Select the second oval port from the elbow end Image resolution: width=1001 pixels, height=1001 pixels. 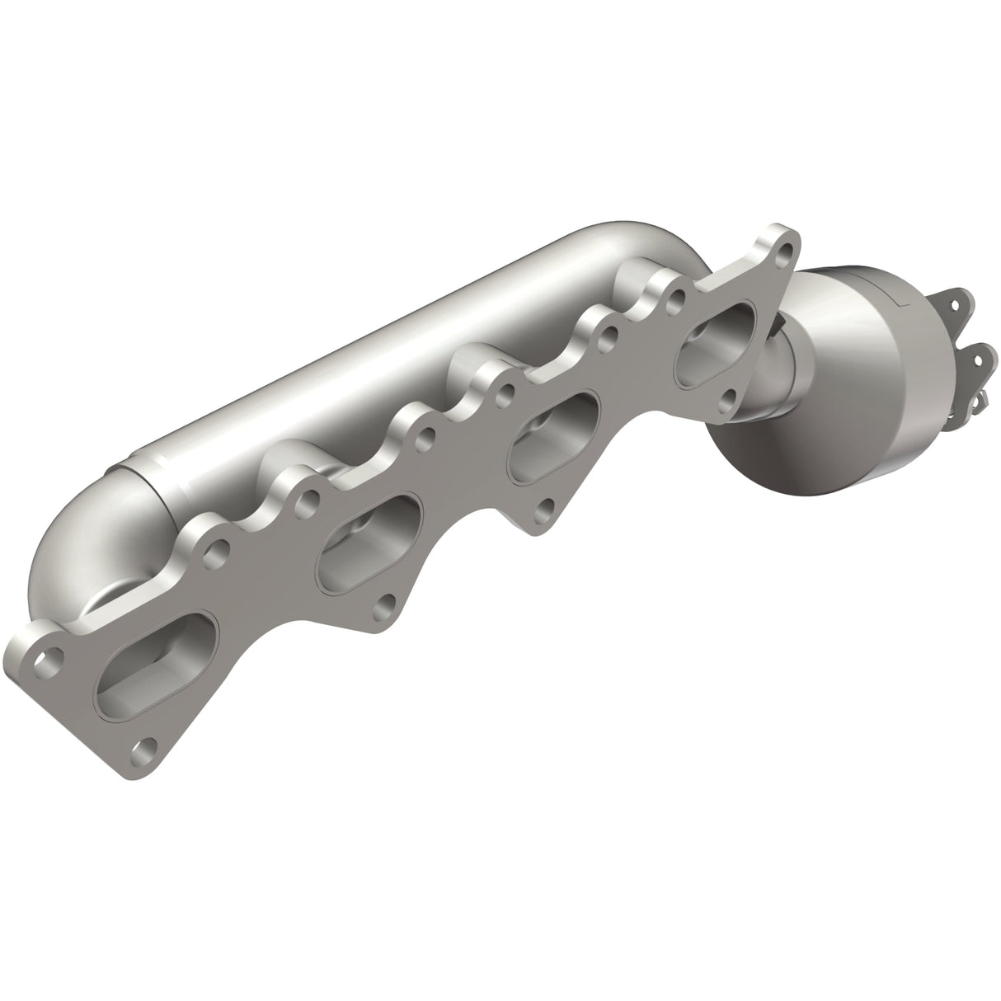click(x=370, y=537)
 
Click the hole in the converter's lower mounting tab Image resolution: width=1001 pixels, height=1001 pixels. click(x=979, y=357)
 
